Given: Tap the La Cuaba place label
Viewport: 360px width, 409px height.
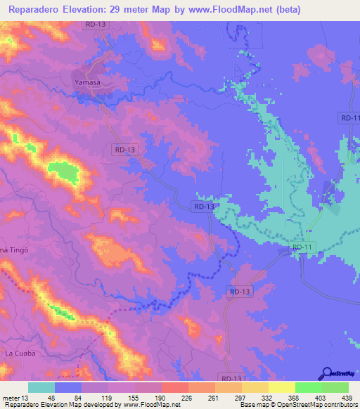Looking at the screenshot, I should click(x=20, y=352).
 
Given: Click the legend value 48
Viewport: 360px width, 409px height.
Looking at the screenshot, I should click(x=52, y=397).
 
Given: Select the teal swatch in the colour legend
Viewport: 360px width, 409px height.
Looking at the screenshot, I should click(x=41, y=387).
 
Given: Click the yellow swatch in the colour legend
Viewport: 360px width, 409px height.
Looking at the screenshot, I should click(x=281, y=387).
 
